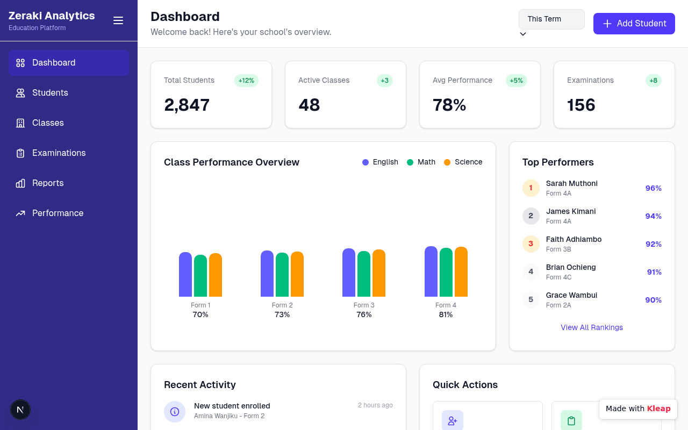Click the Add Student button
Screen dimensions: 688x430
(x=634, y=23)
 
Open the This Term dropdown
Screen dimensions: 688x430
(x=551, y=19)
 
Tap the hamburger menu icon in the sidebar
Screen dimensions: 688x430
(x=118, y=20)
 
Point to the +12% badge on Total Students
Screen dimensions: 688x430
(x=246, y=81)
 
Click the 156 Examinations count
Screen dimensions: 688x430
(x=581, y=105)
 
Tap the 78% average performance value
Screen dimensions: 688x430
(x=449, y=105)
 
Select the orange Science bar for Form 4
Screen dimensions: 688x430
(x=461, y=271)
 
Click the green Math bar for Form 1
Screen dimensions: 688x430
(x=200, y=276)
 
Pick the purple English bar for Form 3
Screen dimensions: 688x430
(x=349, y=273)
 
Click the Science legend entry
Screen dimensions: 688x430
(x=463, y=162)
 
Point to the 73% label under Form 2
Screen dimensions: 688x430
(x=282, y=314)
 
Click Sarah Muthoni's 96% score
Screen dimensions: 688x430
(x=653, y=188)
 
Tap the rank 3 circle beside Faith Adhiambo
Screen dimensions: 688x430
(x=531, y=244)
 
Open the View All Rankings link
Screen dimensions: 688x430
(x=592, y=327)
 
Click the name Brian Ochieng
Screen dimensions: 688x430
(x=571, y=267)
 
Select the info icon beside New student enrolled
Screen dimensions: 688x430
(x=175, y=412)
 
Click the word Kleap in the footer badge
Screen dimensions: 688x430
(x=658, y=408)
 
